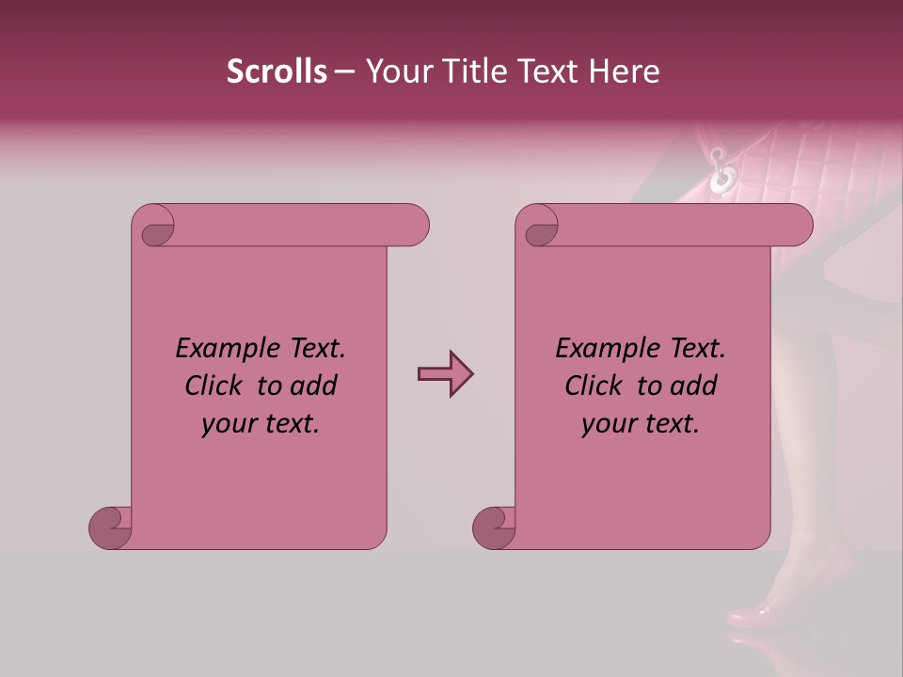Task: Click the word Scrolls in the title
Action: click(x=277, y=71)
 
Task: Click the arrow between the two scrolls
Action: click(x=445, y=374)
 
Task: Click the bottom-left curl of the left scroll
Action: click(x=110, y=527)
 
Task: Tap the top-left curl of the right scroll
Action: click(x=541, y=231)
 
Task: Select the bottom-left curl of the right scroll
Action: click(x=494, y=527)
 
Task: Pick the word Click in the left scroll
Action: click(x=215, y=386)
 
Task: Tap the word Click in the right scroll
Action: click(x=595, y=386)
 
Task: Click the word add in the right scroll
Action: click(x=692, y=386)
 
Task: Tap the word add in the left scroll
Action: click(x=312, y=386)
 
